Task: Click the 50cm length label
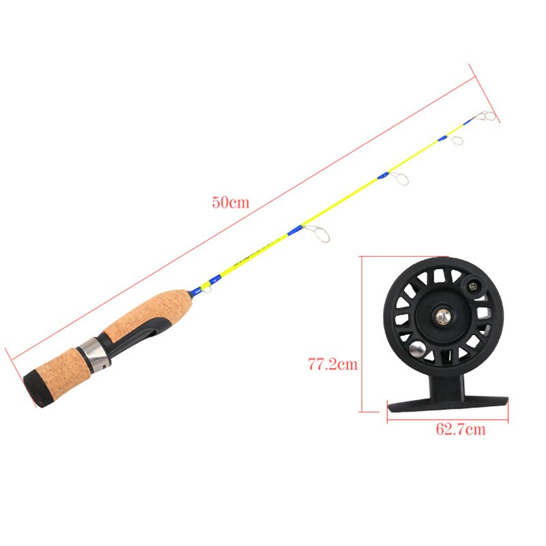point(231,202)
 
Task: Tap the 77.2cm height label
point(333,364)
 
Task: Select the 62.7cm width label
point(460,429)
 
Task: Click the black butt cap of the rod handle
point(35,388)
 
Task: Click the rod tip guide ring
point(487,115)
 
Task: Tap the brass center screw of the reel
point(443,315)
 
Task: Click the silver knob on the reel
point(416,349)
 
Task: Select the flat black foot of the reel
point(448,404)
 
